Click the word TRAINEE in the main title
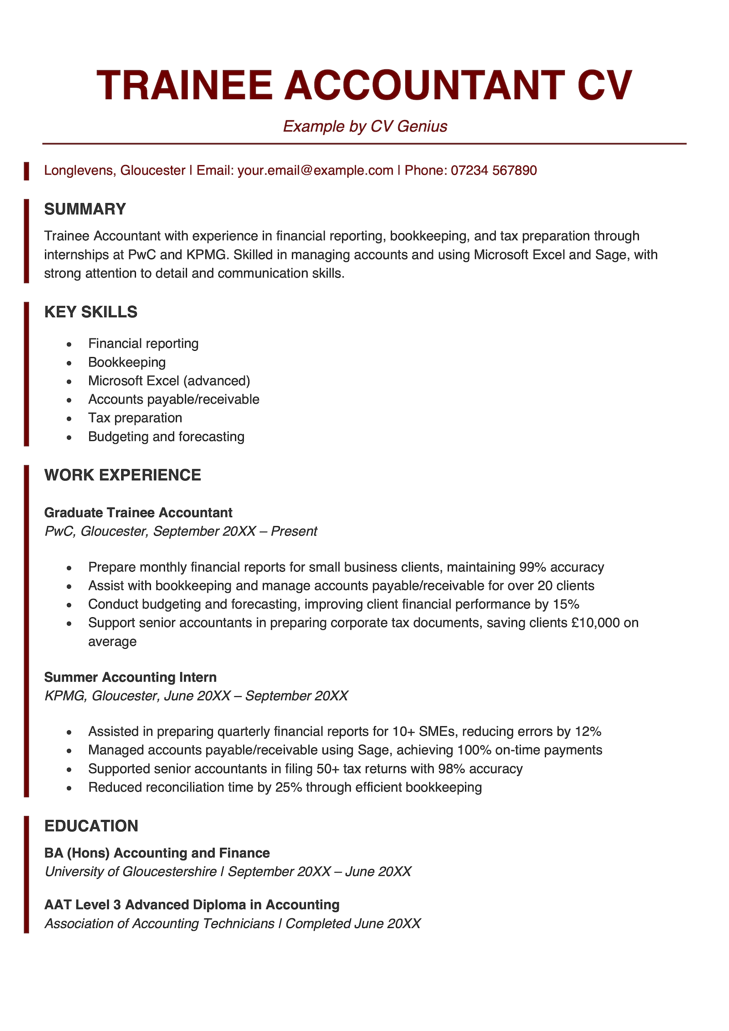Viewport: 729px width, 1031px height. click(x=185, y=85)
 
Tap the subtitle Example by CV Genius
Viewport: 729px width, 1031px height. click(x=365, y=126)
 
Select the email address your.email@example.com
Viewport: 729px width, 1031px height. click(x=315, y=170)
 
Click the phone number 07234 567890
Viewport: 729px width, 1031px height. click(x=494, y=170)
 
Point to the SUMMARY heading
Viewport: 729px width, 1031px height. click(x=85, y=209)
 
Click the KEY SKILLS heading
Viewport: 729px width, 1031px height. click(x=91, y=312)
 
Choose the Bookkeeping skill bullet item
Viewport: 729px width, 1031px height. click(x=127, y=362)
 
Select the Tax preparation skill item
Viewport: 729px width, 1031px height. click(x=135, y=418)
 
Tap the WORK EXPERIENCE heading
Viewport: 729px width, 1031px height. click(x=123, y=475)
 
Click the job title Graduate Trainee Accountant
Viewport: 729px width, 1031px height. click(x=138, y=513)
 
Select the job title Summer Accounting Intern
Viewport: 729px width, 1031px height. click(x=130, y=677)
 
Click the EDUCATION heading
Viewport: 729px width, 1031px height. click(x=91, y=826)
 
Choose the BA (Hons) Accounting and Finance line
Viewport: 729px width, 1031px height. click(x=157, y=853)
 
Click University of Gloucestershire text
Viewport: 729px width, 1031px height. click(x=131, y=872)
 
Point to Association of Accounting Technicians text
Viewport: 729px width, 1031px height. click(x=159, y=923)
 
